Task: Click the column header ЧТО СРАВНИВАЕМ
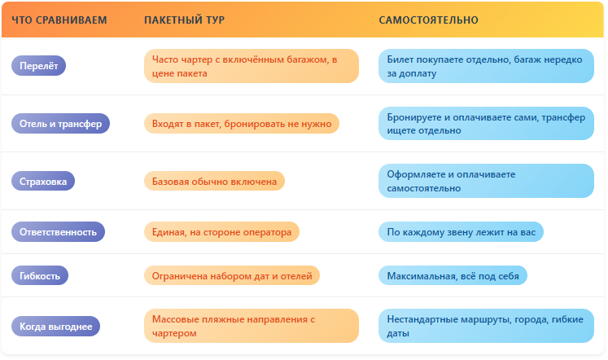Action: (59, 20)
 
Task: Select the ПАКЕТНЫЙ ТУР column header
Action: (184, 20)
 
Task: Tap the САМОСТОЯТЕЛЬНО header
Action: (428, 20)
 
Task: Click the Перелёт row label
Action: (39, 65)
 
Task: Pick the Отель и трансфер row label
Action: (60, 123)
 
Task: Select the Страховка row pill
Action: (43, 181)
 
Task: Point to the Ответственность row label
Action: (58, 231)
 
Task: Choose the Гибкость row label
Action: (40, 275)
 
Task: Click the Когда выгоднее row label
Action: (56, 327)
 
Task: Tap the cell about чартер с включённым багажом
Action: (252, 66)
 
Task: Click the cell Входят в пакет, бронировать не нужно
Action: (242, 123)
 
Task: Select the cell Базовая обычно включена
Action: (214, 181)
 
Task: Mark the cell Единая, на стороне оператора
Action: (222, 231)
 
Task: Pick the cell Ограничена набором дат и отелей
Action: (232, 275)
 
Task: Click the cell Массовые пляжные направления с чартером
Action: (252, 326)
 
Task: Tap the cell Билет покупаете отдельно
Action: (486, 66)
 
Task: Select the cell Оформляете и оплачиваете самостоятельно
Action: (486, 181)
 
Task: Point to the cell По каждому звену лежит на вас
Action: (461, 231)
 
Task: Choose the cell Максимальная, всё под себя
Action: (453, 275)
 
